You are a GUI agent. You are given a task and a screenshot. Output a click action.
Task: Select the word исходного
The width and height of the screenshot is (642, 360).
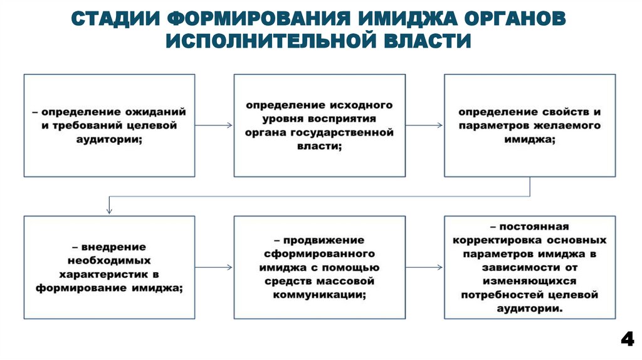tap(359, 104)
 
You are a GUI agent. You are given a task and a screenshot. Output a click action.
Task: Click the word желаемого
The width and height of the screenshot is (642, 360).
tap(567, 125)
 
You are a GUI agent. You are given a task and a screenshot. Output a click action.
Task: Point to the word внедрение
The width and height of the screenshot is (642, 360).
tap(113, 246)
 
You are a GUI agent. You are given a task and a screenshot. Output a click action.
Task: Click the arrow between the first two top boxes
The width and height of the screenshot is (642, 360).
tap(214, 125)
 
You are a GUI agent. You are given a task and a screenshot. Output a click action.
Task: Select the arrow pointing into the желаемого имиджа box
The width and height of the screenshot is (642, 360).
tap(424, 125)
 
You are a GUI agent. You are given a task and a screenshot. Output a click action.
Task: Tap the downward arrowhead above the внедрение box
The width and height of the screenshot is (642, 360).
tap(109, 211)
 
